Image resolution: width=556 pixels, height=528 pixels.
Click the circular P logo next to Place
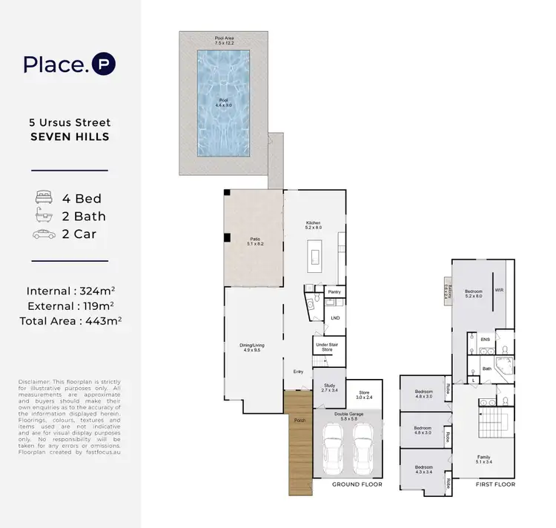(x=103, y=65)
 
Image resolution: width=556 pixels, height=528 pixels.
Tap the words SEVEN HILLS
(x=70, y=136)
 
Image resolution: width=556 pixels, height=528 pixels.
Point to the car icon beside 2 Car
(x=44, y=234)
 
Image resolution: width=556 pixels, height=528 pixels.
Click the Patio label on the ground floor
(x=254, y=241)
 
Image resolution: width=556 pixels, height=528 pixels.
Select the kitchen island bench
(x=314, y=256)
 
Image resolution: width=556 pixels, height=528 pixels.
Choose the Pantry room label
(x=334, y=292)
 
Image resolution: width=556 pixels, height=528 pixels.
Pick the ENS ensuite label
(x=486, y=340)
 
